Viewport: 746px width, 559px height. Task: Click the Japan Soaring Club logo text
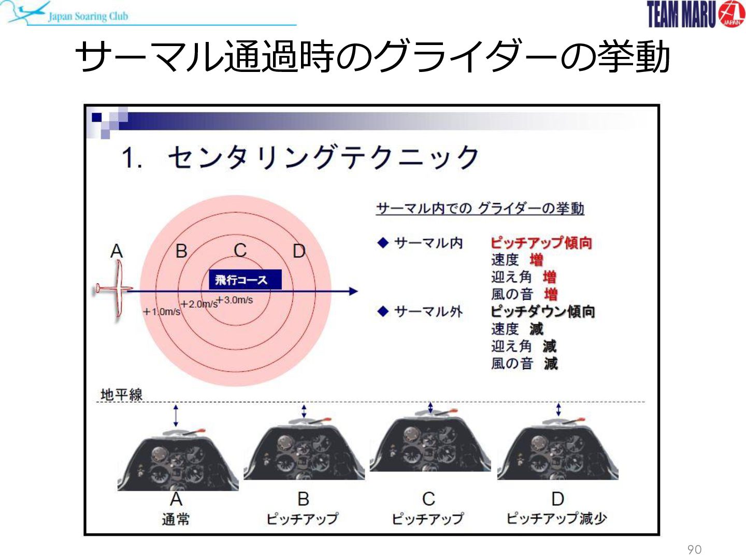[x=88, y=16]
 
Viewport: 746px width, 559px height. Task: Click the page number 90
[x=694, y=549]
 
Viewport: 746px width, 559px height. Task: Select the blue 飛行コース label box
[x=245, y=279]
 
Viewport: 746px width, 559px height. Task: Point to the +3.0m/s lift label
[x=235, y=300]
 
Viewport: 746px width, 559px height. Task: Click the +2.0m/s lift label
[x=199, y=304]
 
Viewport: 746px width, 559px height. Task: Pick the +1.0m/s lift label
[x=162, y=312]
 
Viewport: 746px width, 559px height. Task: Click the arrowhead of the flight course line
[x=353, y=291]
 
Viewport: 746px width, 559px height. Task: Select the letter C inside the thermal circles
[x=240, y=251]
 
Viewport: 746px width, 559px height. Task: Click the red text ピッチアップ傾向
[x=541, y=243]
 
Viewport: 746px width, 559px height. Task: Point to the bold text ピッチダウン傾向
[x=543, y=312]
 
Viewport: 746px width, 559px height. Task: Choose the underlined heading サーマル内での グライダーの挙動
[x=480, y=208]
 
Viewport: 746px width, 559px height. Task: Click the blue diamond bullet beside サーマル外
[x=383, y=311]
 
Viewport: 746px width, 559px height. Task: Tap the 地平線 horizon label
[x=121, y=395]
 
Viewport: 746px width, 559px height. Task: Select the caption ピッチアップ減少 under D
[x=557, y=518]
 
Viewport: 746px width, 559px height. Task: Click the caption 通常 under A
[x=176, y=519]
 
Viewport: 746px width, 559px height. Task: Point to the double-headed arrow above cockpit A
[x=176, y=416]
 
